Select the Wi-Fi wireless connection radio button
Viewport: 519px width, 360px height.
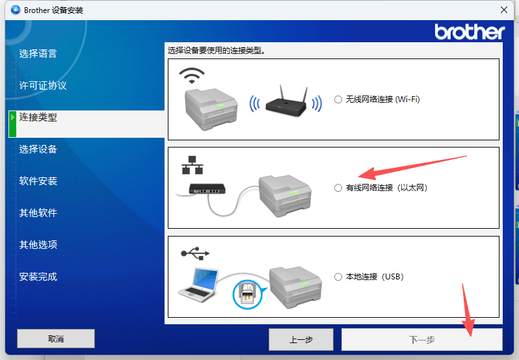pos(338,99)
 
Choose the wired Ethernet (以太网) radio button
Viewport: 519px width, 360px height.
pos(338,188)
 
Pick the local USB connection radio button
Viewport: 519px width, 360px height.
pos(338,277)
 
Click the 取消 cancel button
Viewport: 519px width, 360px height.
pos(56,339)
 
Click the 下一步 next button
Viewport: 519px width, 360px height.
pos(421,339)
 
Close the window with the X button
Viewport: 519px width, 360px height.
pos(504,10)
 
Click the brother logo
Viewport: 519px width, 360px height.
pos(470,32)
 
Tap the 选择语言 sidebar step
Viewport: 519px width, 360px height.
pos(38,53)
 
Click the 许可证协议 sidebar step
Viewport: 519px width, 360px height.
pos(43,85)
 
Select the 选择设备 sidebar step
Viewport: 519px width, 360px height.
pos(38,149)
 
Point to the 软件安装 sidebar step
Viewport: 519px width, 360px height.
pos(38,181)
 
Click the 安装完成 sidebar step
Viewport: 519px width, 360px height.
pos(38,276)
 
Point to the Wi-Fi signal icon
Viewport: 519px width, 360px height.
pos(192,75)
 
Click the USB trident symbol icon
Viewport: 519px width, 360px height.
pos(195,253)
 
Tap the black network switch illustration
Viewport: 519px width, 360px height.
pos(207,188)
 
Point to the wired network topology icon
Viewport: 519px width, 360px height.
pos(193,165)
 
